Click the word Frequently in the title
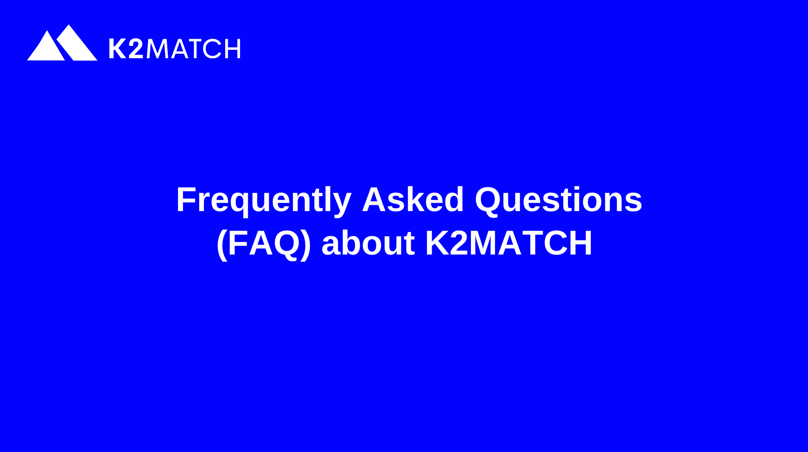point(264,200)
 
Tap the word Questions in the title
point(558,200)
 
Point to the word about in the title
point(368,243)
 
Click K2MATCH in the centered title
point(508,243)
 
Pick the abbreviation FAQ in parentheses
point(264,243)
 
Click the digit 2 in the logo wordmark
point(136,49)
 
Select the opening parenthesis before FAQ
point(221,244)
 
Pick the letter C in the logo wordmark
point(213,49)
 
